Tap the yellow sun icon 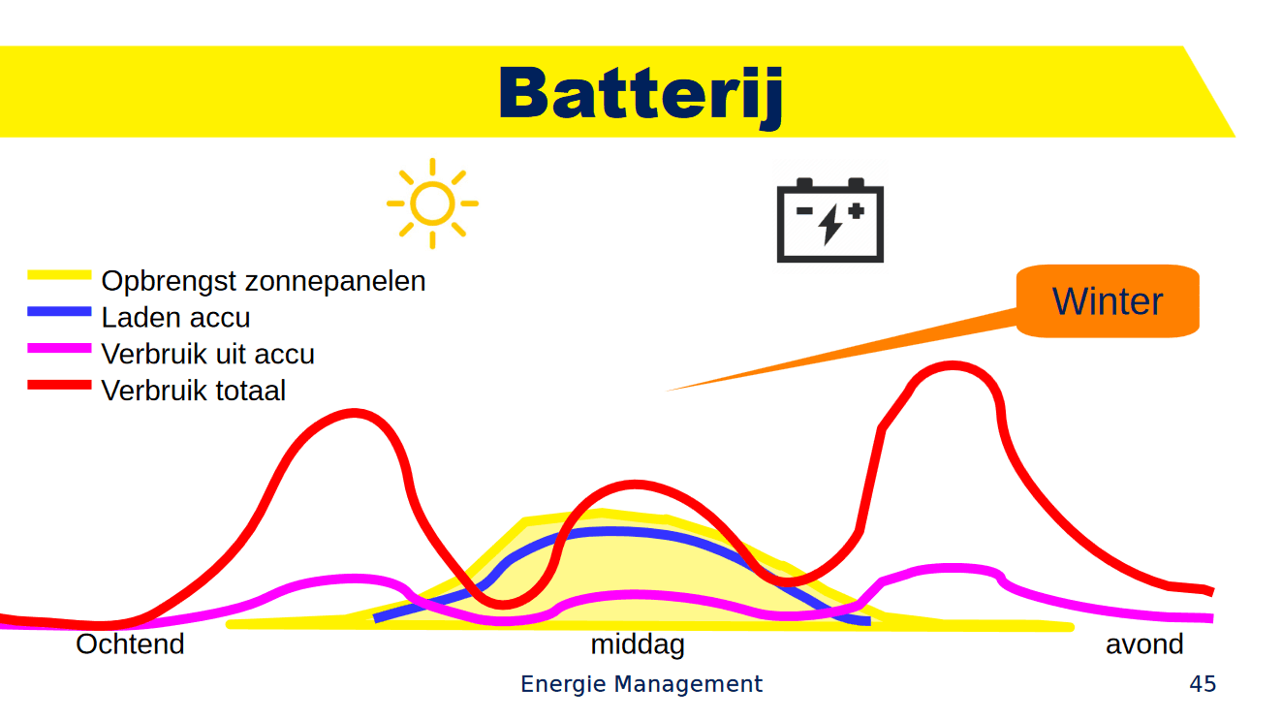[432, 204]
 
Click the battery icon [830, 219]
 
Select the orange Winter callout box [1108, 301]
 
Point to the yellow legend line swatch [59, 276]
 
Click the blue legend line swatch [59, 312]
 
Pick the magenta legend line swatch [59, 348]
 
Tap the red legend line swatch [59, 385]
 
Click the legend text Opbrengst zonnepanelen [264, 281]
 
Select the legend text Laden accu [175, 318]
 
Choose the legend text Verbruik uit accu [207, 355]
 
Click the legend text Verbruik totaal [194, 392]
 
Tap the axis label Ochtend [130, 644]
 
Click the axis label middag [638, 644]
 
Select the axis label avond [1144, 644]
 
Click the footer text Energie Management [641, 684]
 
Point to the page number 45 [1203, 684]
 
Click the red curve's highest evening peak [954, 366]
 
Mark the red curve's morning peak [353, 414]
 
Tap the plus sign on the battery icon [856, 209]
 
